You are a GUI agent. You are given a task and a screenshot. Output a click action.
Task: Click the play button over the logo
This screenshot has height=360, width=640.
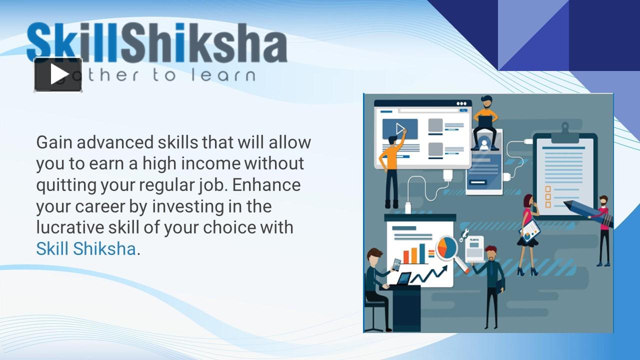pos(58,74)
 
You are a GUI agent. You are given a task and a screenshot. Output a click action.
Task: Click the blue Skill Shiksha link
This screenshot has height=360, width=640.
pos(85,248)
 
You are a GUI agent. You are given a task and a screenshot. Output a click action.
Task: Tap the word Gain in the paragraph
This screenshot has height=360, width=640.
pos(54,142)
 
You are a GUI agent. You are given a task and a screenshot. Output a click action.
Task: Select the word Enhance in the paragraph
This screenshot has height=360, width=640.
pos(266,185)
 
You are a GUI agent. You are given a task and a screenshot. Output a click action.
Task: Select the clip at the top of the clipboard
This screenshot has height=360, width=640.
pos(565,129)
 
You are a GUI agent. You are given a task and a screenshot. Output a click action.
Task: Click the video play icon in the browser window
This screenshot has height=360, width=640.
pos(399,129)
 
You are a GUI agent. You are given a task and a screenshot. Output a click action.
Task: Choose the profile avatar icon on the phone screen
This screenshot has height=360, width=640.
pos(483,145)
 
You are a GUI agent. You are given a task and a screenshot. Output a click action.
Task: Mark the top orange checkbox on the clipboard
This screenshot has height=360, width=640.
pos(547,189)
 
